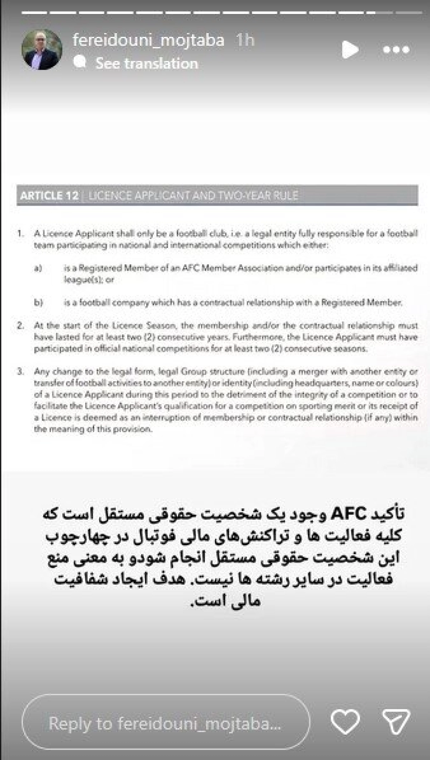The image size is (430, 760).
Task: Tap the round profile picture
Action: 42,49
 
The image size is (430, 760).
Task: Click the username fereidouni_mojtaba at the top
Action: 148,40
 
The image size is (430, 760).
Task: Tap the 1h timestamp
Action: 245,40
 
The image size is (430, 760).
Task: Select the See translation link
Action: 147,64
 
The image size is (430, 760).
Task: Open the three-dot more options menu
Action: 396,50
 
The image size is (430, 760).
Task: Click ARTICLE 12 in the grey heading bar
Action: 49,195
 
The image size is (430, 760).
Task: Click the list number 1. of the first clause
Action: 21,234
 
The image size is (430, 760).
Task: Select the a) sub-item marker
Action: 38,268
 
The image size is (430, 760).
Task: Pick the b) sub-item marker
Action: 38,303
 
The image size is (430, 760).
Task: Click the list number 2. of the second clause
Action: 21,326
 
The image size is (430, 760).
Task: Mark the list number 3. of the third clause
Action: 21,372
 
